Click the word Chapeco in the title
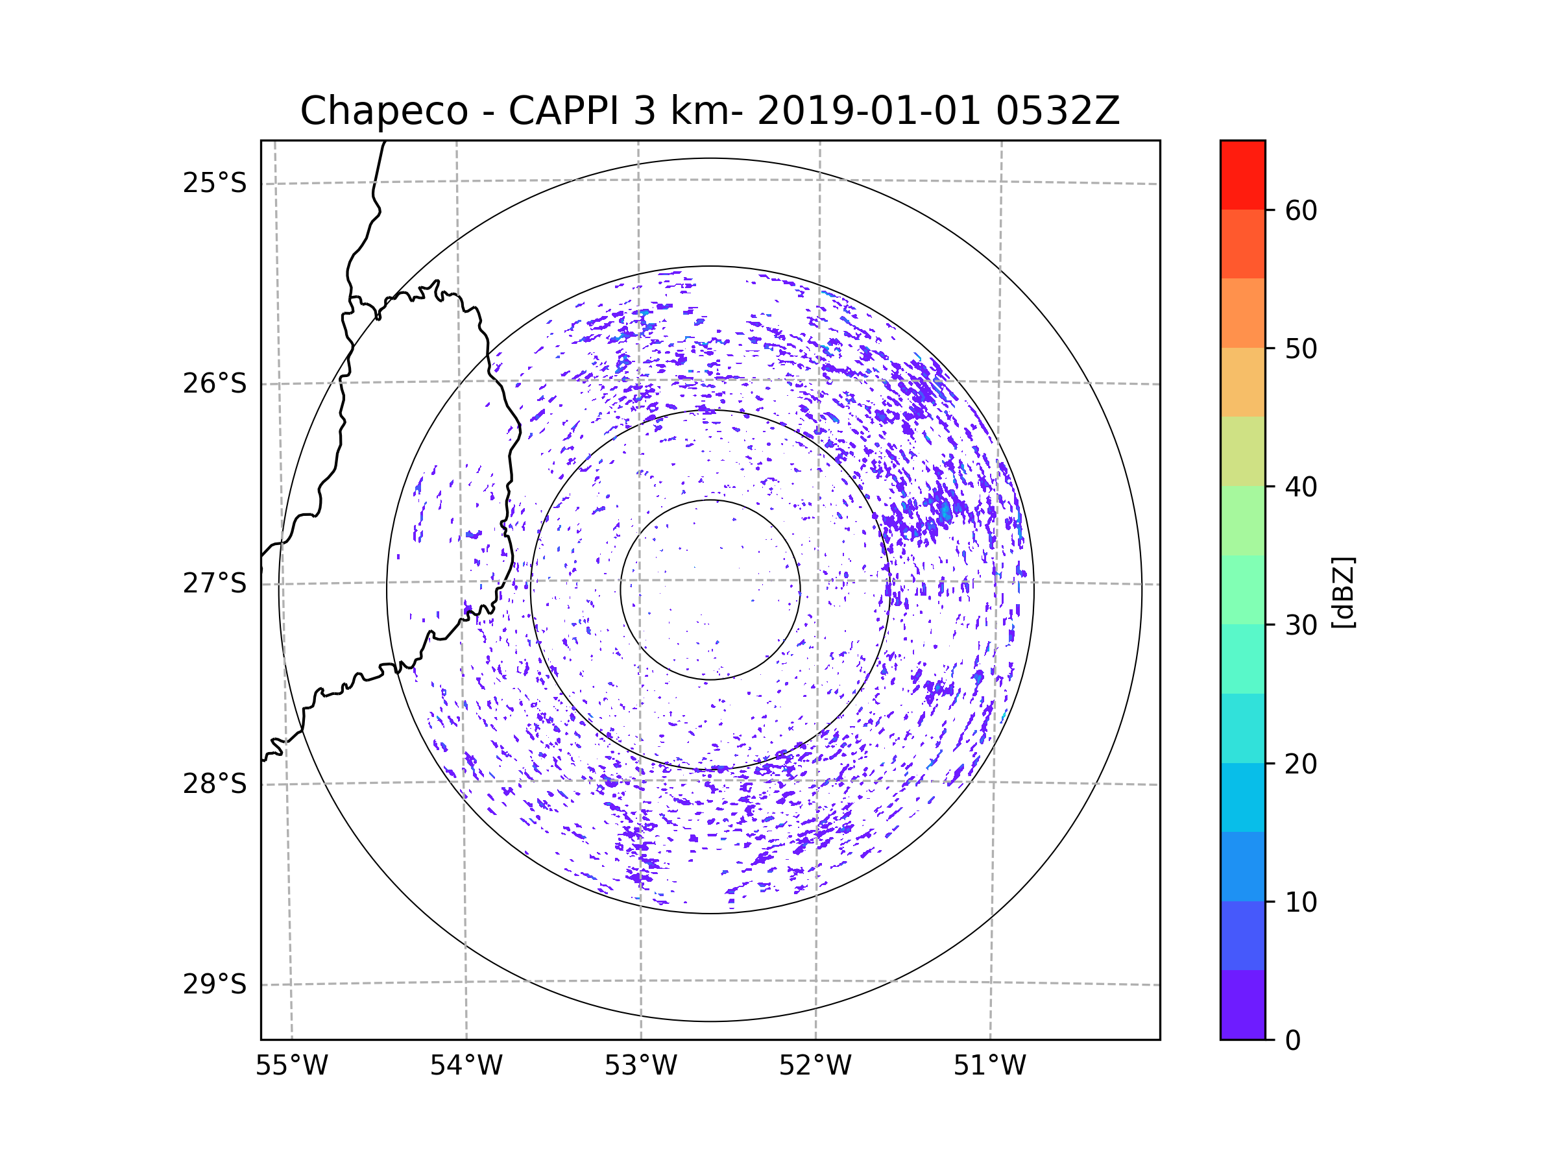tap(383, 111)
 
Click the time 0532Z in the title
tap(1057, 111)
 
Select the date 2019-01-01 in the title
tap(869, 111)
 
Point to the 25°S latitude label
tap(215, 183)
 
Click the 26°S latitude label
tap(215, 383)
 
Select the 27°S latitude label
tap(215, 583)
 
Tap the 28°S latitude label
tap(215, 784)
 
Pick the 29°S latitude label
tap(215, 984)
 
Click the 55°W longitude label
tap(291, 1066)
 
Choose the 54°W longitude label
tap(466, 1066)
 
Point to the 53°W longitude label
tap(640, 1066)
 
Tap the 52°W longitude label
tap(815, 1066)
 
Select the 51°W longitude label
tap(989, 1066)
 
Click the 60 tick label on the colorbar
tap(1301, 210)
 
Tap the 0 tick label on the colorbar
tap(1293, 1041)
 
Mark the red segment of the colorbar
tap(1242, 175)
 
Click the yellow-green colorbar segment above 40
tap(1242, 451)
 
